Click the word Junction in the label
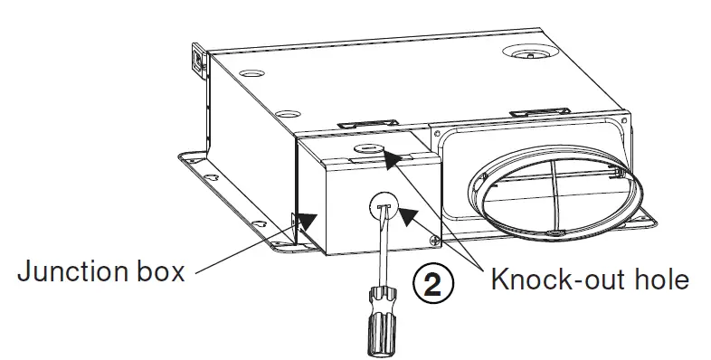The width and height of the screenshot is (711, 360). pyautogui.click(x=70, y=271)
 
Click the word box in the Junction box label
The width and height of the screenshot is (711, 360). pyautogui.click(x=160, y=271)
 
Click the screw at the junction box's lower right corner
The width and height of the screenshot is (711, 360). pyautogui.click(x=436, y=241)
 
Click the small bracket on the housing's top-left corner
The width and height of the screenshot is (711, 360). pyautogui.click(x=195, y=60)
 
